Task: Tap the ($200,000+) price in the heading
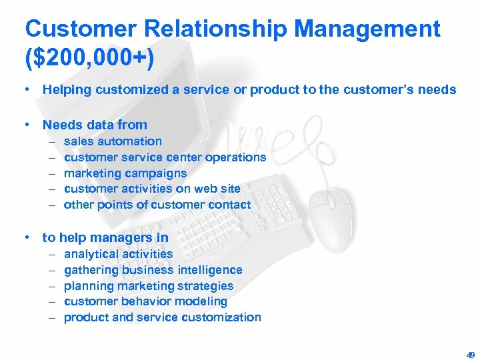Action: pyautogui.click(x=89, y=57)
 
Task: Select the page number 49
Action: pyautogui.click(x=470, y=355)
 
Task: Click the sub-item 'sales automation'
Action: pyautogui.click(x=113, y=141)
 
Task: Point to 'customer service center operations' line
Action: pyautogui.click(x=165, y=157)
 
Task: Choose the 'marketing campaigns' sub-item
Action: pyautogui.click(x=125, y=173)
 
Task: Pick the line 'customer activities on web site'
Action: pyautogui.click(x=152, y=189)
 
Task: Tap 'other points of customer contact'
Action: pyautogui.click(x=157, y=205)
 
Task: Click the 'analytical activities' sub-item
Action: pyautogui.click(x=118, y=254)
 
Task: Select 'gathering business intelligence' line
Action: pyautogui.click(x=153, y=270)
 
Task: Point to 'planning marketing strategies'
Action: pyautogui.click(x=149, y=286)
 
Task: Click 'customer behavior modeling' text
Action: pyautogui.click(x=145, y=301)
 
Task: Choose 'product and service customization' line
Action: pyautogui.click(x=162, y=317)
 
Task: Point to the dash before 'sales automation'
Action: pyautogui.click(x=52, y=141)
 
